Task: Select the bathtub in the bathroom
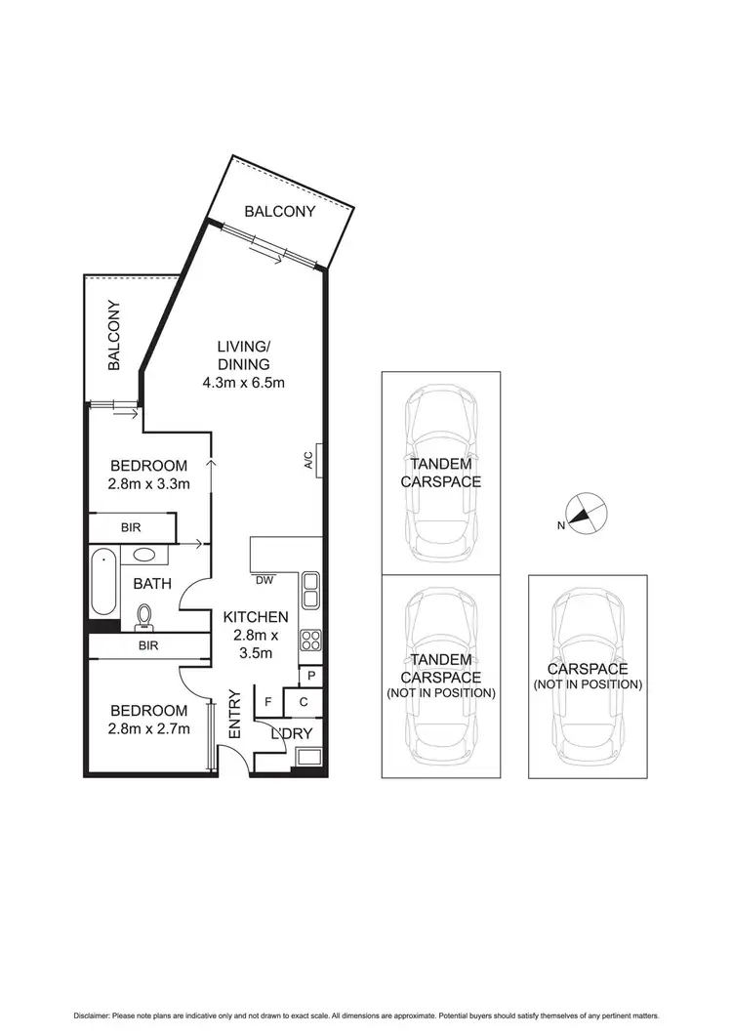pos(103,583)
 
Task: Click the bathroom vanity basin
pos(147,556)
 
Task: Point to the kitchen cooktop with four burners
pos(311,642)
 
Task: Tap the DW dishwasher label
pos(264,580)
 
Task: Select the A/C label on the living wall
pos(308,460)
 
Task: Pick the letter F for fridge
pos(268,701)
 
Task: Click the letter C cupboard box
pos(303,701)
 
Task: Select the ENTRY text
pos(234,714)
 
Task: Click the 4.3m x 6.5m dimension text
pos(244,382)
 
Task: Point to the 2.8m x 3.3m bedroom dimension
pos(149,483)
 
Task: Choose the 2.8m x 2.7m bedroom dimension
pos(149,728)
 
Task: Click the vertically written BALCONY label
pos(114,336)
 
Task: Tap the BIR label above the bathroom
pos(131,527)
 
